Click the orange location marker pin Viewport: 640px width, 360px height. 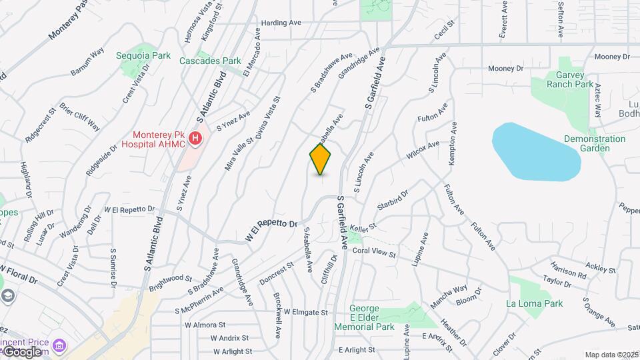pos(321,159)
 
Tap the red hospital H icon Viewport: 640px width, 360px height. pos(195,139)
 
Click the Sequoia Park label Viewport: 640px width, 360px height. pos(143,55)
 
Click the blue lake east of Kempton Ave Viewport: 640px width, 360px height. pos(535,151)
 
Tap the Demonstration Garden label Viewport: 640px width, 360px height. pos(595,143)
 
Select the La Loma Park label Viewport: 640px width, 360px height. pos(534,303)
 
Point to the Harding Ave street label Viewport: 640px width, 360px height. pos(281,23)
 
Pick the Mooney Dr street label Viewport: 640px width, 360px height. pos(505,68)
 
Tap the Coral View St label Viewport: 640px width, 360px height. pos(374,253)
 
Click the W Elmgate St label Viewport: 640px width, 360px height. pos(306,312)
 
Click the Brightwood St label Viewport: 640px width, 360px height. pos(171,279)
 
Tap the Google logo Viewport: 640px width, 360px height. pos(23,351)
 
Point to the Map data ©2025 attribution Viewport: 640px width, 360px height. pos(611,355)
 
